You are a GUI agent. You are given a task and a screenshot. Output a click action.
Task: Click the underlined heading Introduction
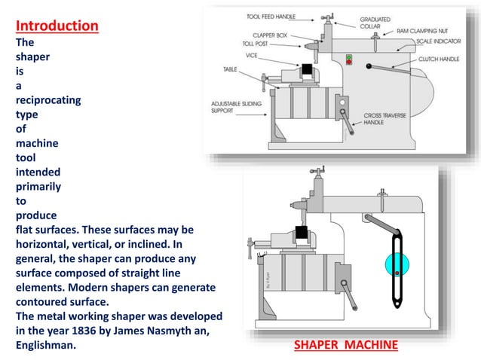tap(57, 26)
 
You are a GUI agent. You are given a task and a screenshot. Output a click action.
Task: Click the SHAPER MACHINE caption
tap(345, 345)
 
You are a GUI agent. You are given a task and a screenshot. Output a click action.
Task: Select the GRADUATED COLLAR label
tap(375, 23)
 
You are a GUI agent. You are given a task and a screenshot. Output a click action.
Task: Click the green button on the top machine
tap(348, 56)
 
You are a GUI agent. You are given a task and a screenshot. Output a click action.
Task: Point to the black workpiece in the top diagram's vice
tap(307, 70)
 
